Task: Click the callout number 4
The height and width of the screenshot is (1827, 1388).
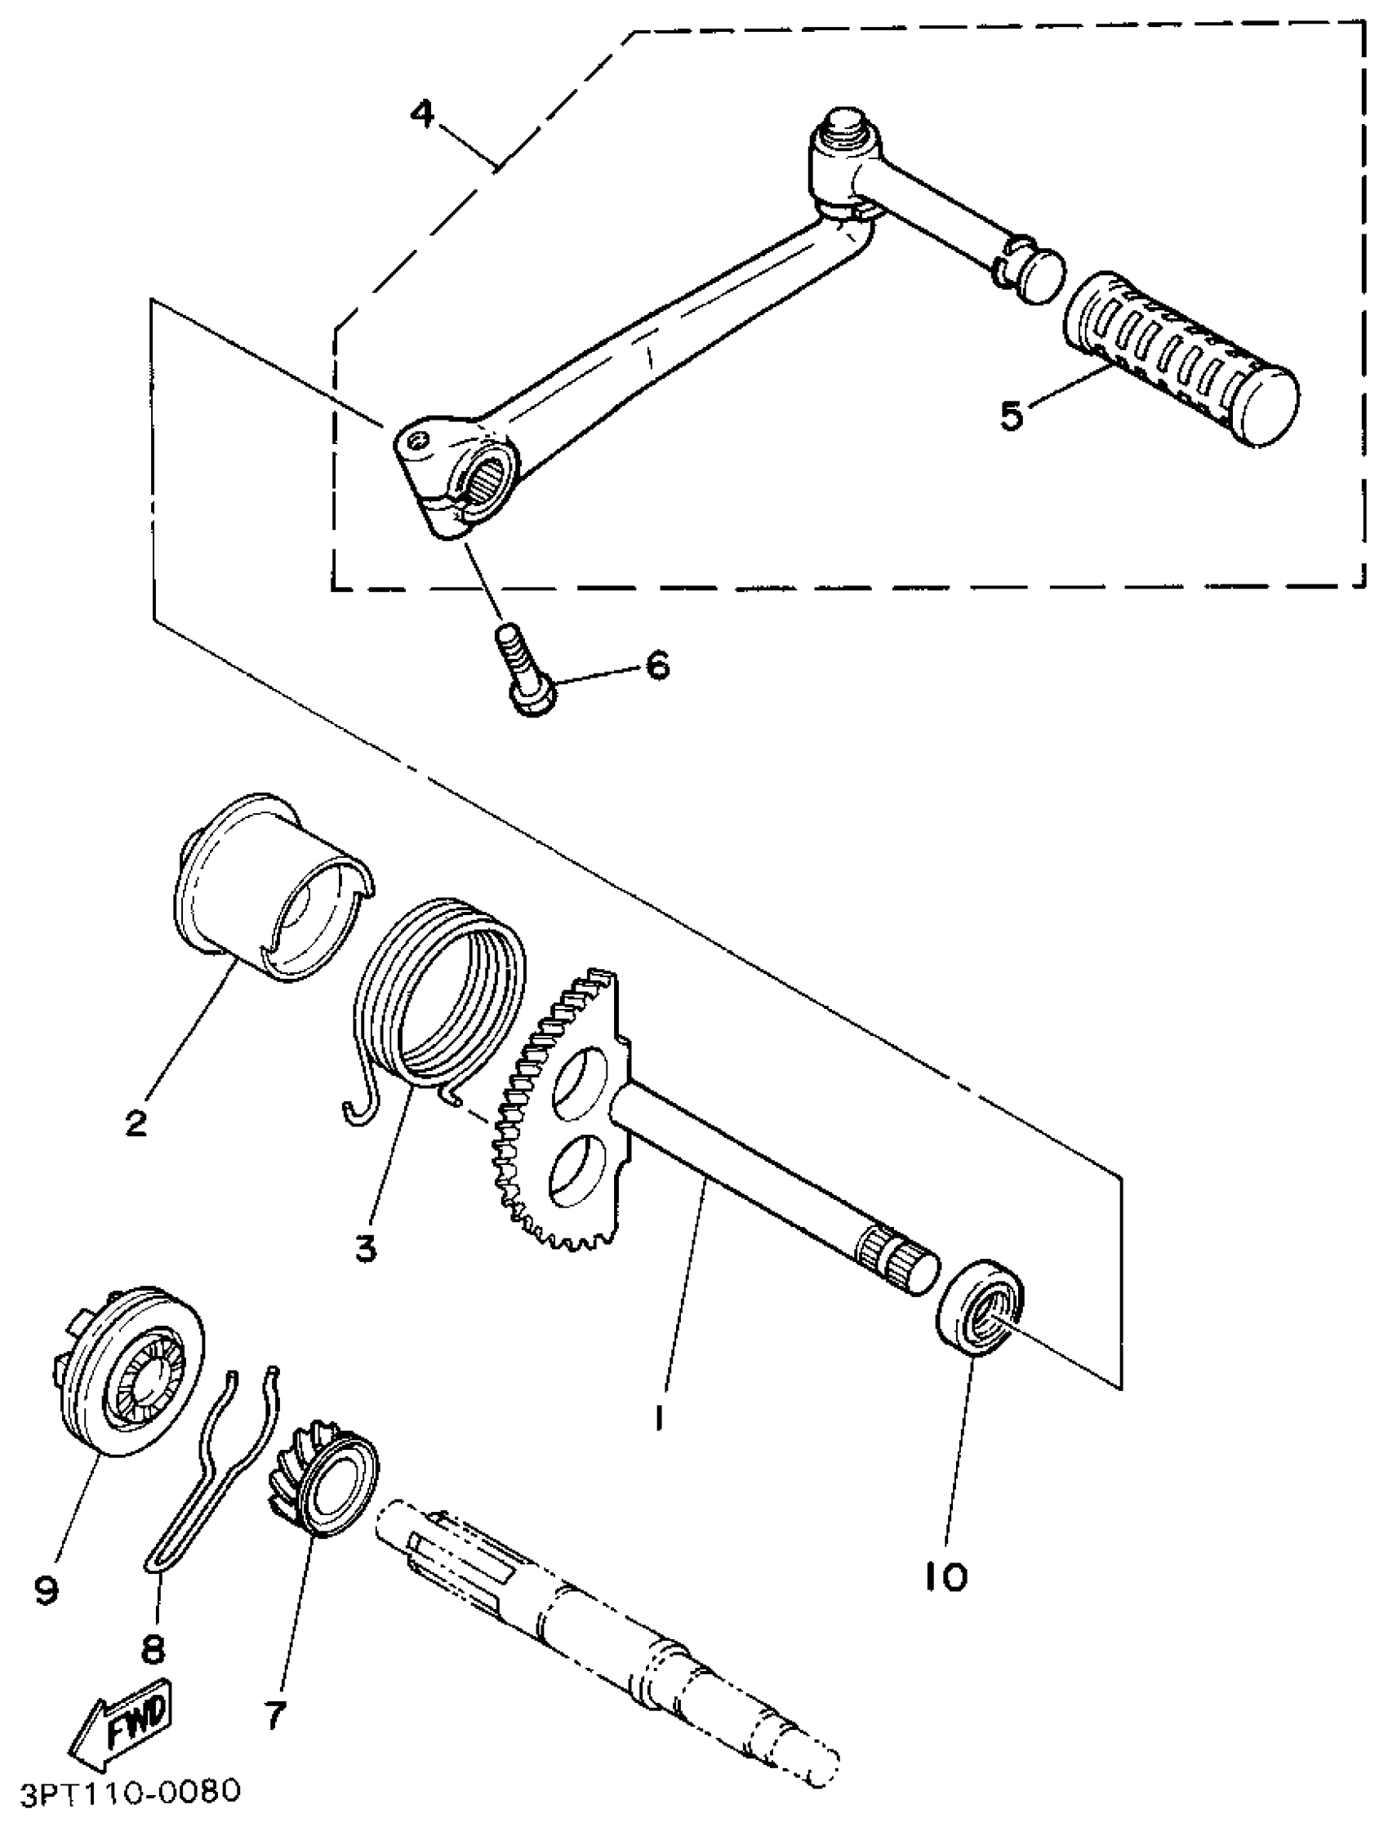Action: [423, 114]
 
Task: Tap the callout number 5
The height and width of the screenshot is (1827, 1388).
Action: [1012, 415]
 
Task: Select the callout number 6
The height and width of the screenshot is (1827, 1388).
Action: [656, 665]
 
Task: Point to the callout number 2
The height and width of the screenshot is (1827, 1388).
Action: [136, 1122]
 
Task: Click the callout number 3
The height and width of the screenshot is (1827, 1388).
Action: [366, 1247]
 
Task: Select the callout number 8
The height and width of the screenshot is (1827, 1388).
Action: [153, 1649]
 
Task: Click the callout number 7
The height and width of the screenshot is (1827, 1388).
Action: [275, 1714]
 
